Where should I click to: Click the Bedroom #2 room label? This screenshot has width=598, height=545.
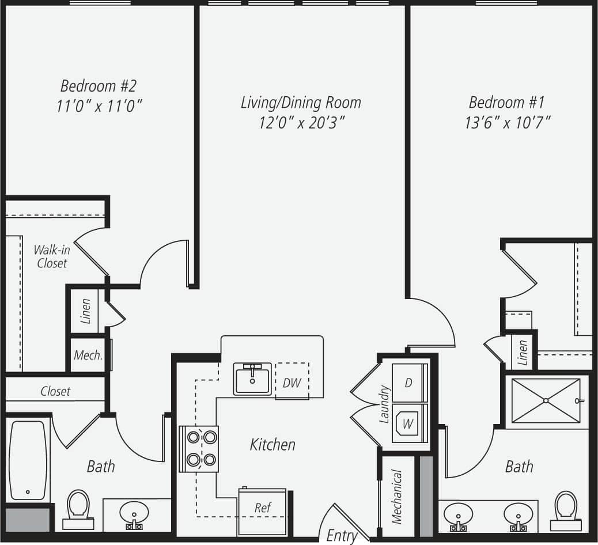[99, 86]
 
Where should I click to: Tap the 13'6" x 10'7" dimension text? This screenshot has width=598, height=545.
[506, 122]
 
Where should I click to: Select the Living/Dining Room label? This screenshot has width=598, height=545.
[301, 103]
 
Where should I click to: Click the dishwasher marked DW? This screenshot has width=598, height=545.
[292, 382]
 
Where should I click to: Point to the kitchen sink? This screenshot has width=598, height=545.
[252, 379]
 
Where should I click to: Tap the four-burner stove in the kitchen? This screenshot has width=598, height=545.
[199, 448]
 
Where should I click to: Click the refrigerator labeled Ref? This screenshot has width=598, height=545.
[263, 509]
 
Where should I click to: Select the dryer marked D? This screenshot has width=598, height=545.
[408, 383]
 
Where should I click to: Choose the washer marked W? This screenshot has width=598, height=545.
[408, 424]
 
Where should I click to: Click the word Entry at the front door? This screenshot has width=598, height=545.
[342, 535]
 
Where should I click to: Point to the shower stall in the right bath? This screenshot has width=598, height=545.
[545, 400]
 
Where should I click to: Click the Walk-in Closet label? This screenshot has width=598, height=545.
[51, 256]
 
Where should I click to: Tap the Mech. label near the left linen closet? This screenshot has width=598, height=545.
[88, 355]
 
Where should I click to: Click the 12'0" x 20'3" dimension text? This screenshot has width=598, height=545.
[301, 122]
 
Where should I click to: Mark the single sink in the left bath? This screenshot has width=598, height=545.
[134, 513]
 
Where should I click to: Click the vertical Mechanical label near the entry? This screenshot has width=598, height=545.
[396, 497]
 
